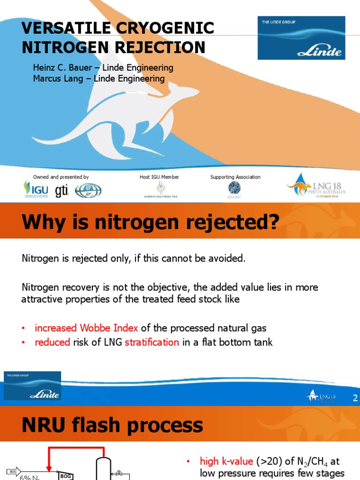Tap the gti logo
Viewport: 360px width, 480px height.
click(x=61, y=191)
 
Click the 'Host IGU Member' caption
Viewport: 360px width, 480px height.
click(x=159, y=177)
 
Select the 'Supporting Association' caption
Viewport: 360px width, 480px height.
click(x=235, y=177)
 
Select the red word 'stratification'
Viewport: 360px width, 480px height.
click(x=152, y=342)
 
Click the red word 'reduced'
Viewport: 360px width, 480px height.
click(x=52, y=342)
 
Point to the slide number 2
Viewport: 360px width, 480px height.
click(x=355, y=398)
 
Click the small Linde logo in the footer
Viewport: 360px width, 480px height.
click(x=32, y=386)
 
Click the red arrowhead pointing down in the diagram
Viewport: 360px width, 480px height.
click(x=49, y=469)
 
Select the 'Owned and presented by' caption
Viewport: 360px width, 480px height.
click(x=61, y=177)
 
